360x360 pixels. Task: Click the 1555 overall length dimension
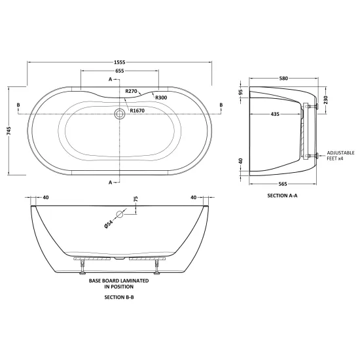(x=120, y=62)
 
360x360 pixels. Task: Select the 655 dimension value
(x=120, y=71)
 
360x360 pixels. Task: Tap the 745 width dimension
(x=9, y=131)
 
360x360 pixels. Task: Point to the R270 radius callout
(x=131, y=91)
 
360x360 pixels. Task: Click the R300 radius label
(x=161, y=98)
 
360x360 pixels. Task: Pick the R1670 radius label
(x=137, y=111)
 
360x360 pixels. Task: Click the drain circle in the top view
(x=119, y=114)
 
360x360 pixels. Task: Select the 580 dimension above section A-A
(x=283, y=79)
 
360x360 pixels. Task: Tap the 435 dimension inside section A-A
(x=275, y=114)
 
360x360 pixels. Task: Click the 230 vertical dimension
(x=326, y=100)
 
